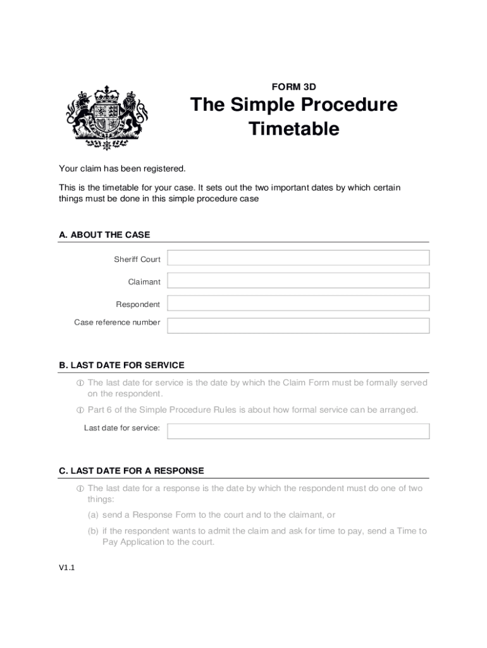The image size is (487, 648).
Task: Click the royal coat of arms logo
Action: point(106,117)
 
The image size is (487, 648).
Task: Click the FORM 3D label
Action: point(294,87)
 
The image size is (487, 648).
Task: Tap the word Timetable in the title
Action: point(294,128)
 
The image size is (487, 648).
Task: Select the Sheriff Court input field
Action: point(299,258)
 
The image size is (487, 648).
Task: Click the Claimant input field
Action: point(299,281)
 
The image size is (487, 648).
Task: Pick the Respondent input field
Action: point(299,303)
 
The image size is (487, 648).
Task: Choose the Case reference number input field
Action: point(299,325)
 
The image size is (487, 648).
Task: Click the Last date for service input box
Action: point(299,431)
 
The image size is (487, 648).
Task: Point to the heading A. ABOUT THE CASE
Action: point(104,235)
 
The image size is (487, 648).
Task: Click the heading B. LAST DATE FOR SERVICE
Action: point(121,365)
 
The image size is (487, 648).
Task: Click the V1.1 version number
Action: point(67,568)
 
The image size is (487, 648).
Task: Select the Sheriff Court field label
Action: point(137,259)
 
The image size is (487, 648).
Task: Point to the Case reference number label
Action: point(117,322)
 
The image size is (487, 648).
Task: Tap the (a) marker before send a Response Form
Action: point(94,514)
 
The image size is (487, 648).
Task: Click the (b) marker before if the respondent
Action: point(94,531)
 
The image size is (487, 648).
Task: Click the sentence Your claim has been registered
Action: point(123,168)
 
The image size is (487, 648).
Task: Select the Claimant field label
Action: point(144,282)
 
